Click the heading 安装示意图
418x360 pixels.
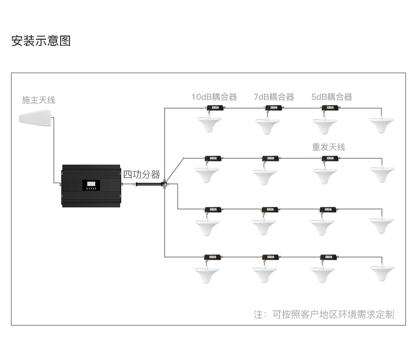pyautogui.click(x=41, y=41)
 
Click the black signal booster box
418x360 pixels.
pyautogui.click(x=91, y=185)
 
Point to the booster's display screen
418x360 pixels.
pyautogui.click(x=91, y=184)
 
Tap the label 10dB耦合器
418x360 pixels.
pyautogui.click(x=214, y=97)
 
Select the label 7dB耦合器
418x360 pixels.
pyautogui.click(x=274, y=97)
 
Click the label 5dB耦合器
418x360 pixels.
pyautogui.click(x=332, y=97)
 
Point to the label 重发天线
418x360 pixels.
pyautogui.click(x=329, y=147)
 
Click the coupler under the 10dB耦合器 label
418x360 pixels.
pyautogui.click(x=214, y=109)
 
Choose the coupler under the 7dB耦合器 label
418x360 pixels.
pyautogui.click(x=273, y=109)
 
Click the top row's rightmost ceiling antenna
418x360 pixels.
pyautogui.click(x=382, y=125)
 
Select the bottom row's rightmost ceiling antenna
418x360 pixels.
pyautogui.click(x=382, y=273)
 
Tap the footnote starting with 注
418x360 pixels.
pyautogui.click(x=324, y=315)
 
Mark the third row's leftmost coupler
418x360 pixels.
pyautogui.click(x=213, y=210)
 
